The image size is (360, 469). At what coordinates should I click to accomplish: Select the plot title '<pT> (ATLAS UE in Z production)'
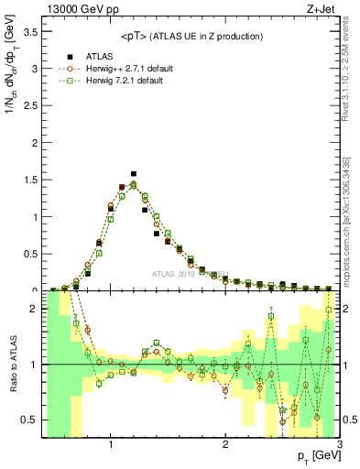click(x=191, y=37)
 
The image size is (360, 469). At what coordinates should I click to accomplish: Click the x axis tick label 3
click(x=339, y=445)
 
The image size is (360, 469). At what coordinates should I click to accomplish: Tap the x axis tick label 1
click(x=111, y=445)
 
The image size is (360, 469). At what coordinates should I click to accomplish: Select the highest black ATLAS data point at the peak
click(x=134, y=173)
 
